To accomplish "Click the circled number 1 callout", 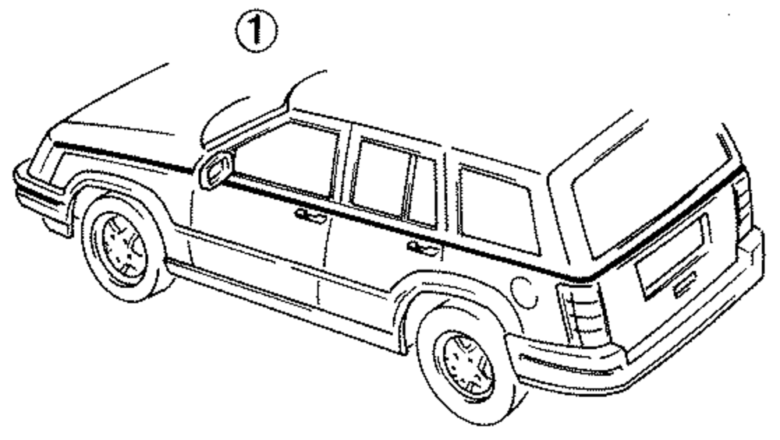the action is pyautogui.click(x=258, y=31).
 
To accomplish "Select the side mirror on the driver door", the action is pyautogui.click(x=216, y=170).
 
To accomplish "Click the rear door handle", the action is pyautogui.click(x=424, y=248).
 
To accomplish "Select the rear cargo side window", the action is pyautogui.click(x=497, y=209).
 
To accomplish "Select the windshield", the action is pyautogui.click(x=242, y=117).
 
